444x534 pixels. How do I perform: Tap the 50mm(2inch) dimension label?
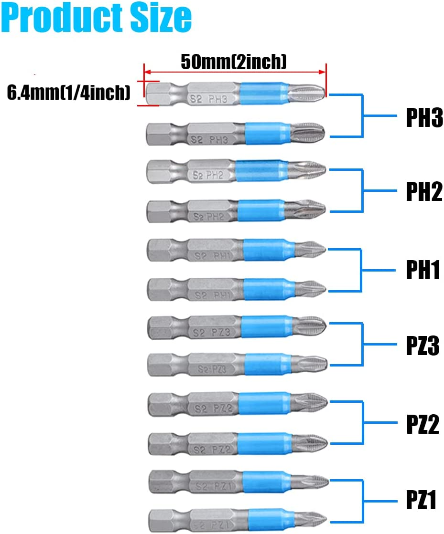[234, 61]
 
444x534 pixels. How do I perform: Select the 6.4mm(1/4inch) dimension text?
[69, 93]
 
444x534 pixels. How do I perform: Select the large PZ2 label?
[422, 424]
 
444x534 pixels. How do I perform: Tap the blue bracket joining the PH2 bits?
[362, 190]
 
